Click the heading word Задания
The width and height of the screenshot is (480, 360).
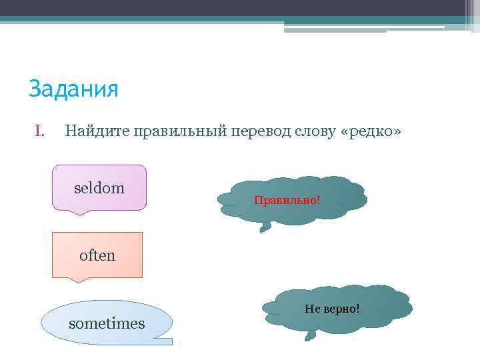[x=73, y=89]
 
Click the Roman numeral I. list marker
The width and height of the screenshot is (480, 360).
[x=39, y=132]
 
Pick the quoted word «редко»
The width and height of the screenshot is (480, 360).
[x=371, y=132]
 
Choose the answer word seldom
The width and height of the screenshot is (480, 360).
[x=99, y=188]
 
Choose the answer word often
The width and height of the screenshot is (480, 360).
[x=97, y=255]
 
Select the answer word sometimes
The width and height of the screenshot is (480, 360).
[x=107, y=323]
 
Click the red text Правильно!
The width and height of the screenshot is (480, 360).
[x=287, y=199]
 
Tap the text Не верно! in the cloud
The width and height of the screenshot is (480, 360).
[x=331, y=309]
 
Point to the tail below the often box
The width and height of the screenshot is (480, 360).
[x=79, y=280]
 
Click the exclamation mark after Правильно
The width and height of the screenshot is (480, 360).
[x=319, y=199]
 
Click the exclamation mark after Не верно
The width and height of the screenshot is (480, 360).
[x=357, y=309]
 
